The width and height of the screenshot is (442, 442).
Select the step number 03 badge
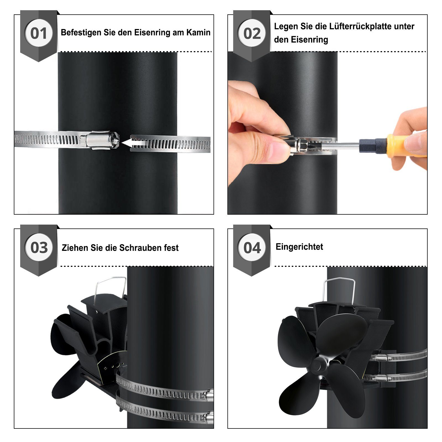point(39,248)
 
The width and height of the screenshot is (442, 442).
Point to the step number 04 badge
point(252,248)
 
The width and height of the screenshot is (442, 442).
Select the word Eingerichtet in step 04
point(299,247)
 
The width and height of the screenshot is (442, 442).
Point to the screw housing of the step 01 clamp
point(102,140)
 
